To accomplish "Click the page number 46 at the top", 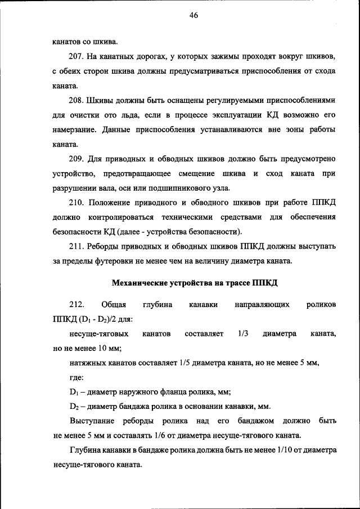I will (193, 16).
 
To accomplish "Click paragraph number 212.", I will (76, 304).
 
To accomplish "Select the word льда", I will (151, 115).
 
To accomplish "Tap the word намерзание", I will (75, 129).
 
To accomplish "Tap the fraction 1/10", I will (286, 451).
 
